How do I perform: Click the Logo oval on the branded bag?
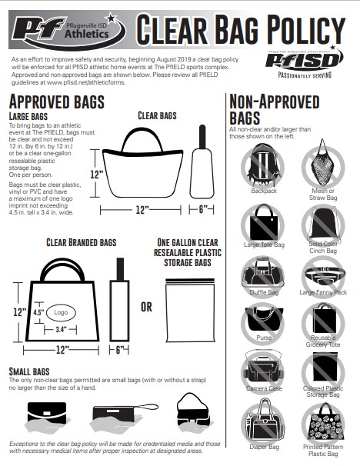(58, 314)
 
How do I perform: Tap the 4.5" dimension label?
(38, 313)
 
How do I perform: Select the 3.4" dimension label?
(60, 330)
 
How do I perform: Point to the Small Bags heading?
(31, 371)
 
